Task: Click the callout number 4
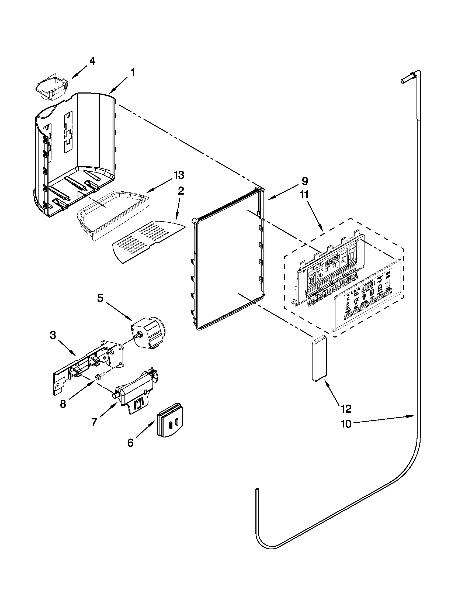[x=92, y=61]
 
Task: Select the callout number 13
[x=179, y=175]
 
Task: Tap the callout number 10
[x=346, y=424]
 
